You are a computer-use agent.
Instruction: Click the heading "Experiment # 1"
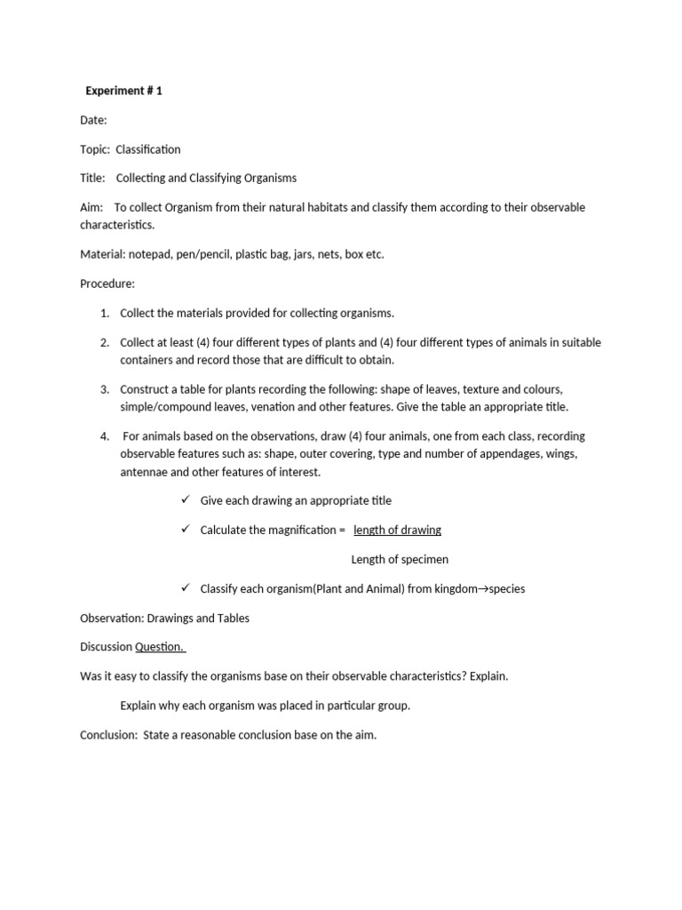coord(123,91)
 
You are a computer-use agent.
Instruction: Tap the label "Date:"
coord(93,120)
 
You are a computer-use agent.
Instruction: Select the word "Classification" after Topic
coord(147,149)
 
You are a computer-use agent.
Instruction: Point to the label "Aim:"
coord(91,208)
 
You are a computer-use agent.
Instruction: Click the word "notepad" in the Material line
coord(152,254)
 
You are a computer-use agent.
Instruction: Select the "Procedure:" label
coord(107,283)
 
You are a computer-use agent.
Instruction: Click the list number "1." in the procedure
coord(104,313)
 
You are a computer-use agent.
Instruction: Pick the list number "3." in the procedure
coord(104,389)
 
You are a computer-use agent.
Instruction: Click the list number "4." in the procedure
coord(104,436)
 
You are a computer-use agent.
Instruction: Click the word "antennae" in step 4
coord(144,472)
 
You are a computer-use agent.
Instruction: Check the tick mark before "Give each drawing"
coord(186,500)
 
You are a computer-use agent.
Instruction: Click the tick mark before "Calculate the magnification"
coord(186,530)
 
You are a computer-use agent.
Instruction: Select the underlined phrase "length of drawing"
coord(397,531)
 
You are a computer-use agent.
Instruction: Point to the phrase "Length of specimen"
coord(400,560)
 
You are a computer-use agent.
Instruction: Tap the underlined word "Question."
coord(160,647)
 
